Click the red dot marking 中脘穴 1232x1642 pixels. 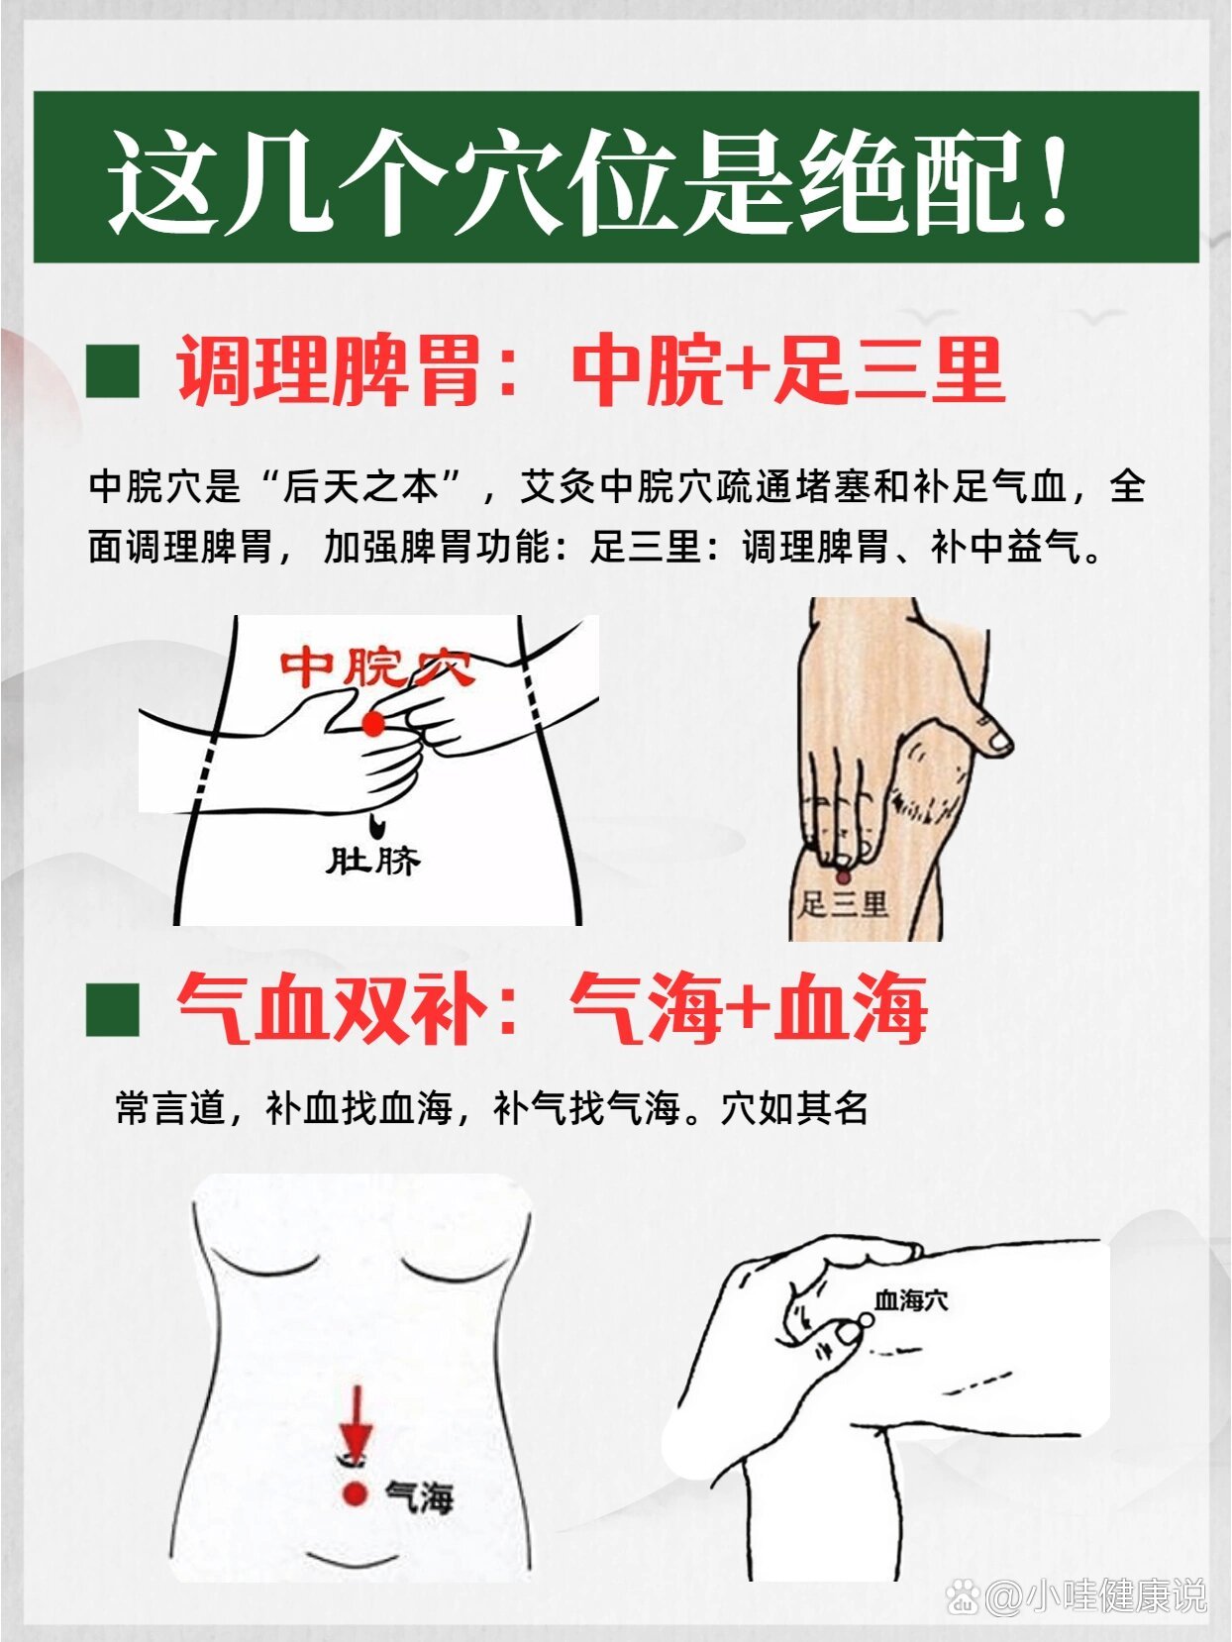[372, 724]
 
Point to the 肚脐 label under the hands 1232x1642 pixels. [373, 860]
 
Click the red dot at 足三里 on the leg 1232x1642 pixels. [843, 876]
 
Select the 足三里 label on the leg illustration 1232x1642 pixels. [844, 904]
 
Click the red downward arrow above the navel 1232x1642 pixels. [356, 1419]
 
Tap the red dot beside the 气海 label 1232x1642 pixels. [355, 1494]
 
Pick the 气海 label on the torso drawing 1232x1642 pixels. [419, 1496]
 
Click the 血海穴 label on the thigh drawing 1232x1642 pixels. [911, 1300]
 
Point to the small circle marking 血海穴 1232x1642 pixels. [864, 1321]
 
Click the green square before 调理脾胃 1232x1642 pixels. [112, 371]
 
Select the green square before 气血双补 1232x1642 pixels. [112, 1010]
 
